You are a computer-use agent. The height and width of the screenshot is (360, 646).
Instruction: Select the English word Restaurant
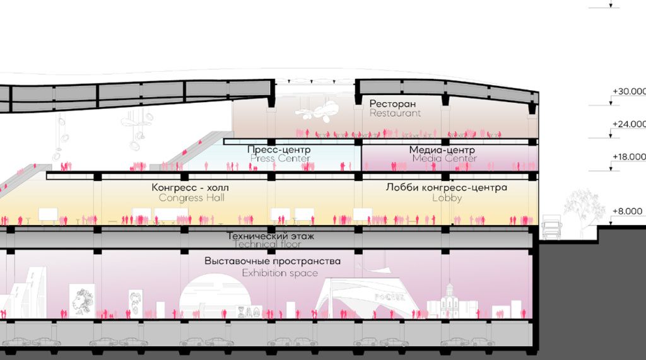coord(395,113)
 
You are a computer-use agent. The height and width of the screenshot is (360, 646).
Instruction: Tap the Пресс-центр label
coord(278,149)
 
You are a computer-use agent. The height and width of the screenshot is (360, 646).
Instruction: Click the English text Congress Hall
coord(192,198)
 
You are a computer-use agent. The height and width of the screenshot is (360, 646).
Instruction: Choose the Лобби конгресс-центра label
coord(447,187)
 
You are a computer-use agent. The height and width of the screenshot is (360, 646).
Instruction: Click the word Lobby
coord(447,198)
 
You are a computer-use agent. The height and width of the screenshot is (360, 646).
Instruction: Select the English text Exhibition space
coord(280,273)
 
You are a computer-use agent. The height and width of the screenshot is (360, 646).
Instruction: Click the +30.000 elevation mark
coord(628,92)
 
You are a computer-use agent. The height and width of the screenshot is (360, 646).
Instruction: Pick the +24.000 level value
coord(628,124)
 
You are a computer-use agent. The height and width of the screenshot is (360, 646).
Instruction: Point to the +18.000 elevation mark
coord(628,157)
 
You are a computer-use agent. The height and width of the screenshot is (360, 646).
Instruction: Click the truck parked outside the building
coord(551,228)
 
